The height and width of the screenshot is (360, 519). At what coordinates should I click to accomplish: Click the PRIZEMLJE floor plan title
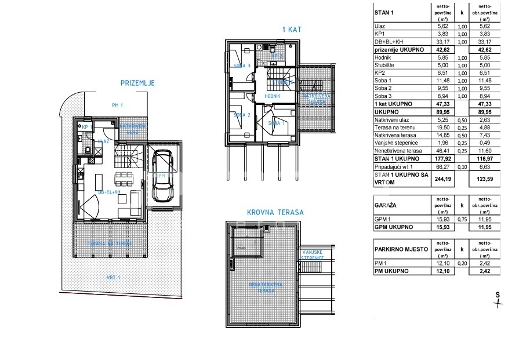point(137,83)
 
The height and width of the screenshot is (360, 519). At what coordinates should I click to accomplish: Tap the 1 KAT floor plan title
point(291,29)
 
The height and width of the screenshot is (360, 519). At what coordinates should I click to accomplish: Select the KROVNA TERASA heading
point(275,213)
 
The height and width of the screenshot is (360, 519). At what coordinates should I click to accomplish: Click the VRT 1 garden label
point(113,278)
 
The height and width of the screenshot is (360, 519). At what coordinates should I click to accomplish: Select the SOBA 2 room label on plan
point(241,115)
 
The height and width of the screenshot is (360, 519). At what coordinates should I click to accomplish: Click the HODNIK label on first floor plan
point(273,96)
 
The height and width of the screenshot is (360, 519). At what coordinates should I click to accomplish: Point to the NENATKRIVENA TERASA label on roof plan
point(266,287)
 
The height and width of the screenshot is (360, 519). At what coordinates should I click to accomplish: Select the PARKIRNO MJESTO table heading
point(401,249)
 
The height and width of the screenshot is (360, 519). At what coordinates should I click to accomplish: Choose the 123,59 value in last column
point(486,180)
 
